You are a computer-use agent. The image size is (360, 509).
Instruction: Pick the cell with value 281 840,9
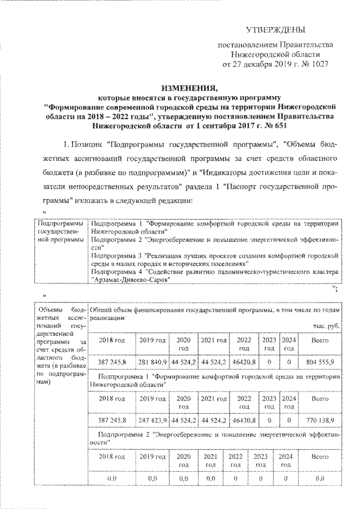click(151, 363)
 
